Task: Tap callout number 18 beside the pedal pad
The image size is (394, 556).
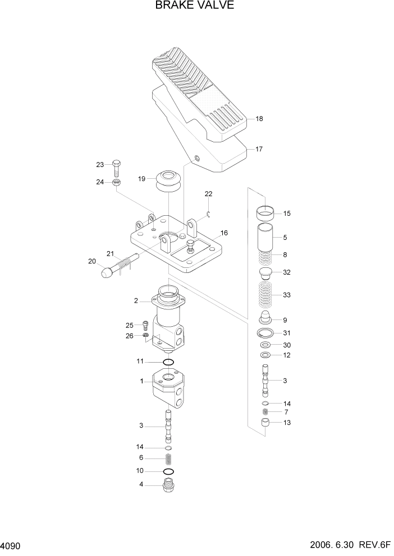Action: pos(259,119)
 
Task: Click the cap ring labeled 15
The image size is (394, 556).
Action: pos(267,213)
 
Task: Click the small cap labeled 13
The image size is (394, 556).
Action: pos(267,423)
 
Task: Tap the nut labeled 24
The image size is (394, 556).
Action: pos(115,182)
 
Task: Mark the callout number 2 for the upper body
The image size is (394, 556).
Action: pos(135,301)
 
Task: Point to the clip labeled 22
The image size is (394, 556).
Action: pos(208,211)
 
